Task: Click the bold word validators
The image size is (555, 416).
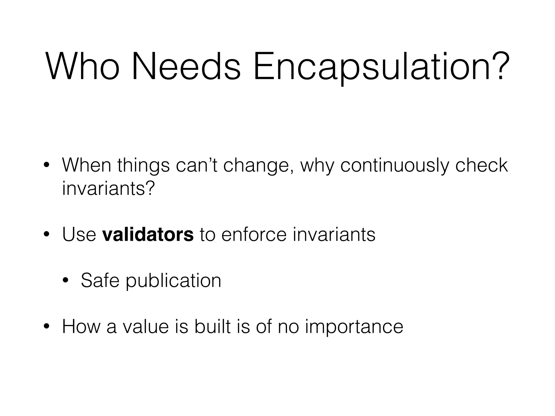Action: coord(148,235)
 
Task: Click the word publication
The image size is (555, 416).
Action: coord(173,281)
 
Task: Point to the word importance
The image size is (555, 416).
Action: coord(354,327)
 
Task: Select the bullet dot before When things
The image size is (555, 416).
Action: coord(47,166)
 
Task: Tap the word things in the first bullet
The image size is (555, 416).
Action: coord(144,166)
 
